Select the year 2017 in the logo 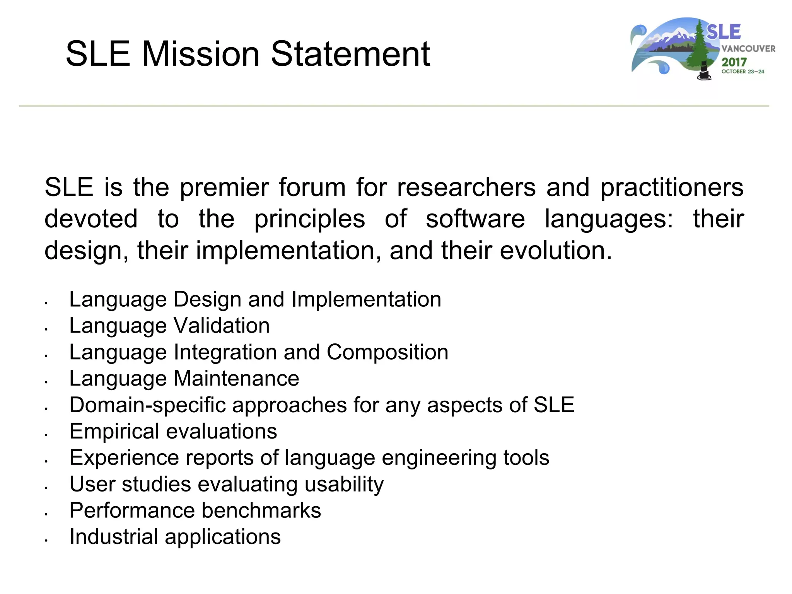pyautogui.click(x=734, y=62)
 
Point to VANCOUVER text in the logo pyautogui.click(x=748, y=49)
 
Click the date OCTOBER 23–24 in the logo pyautogui.click(x=742, y=72)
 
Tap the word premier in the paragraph pyautogui.click(x=224, y=188)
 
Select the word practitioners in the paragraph pyautogui.click(x=672, y=188)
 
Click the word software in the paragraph pyautogui.click(x=475, y=219)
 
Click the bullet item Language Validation pyautogui.click(x=169, y=326)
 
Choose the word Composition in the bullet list pyautogui.click(x=387, y=352)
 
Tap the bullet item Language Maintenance pyautogui.click(x=184, y=379)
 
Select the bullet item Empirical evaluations pyautogui.click(x=173, y=432)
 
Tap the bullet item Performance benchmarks pyautogui.click(x=195, y=511)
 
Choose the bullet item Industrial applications pyautogui.click(x=175, y=537)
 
